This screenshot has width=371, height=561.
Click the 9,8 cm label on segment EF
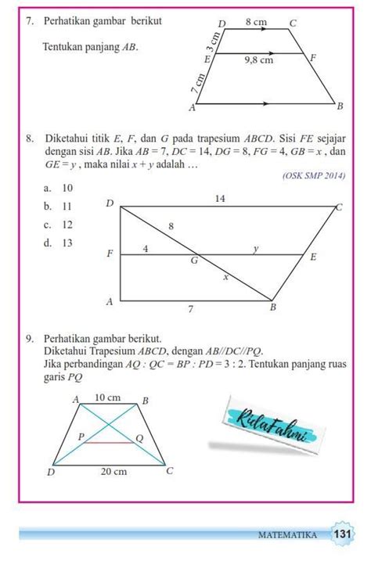coord(258,59)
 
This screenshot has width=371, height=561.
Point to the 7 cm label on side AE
coord(202,82)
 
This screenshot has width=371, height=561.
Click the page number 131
coord(343,534)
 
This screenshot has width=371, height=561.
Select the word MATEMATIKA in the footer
coord(287,535)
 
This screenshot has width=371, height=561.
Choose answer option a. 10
coord(59,189)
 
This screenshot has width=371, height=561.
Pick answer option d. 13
coord(59,243)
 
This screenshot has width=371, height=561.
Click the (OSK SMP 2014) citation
coord(314,177)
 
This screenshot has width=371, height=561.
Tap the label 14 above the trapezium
coord(220,200)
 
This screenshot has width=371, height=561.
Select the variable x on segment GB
coord(225,276)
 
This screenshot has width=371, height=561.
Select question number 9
coord(29,340)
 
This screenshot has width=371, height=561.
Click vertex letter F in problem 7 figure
coord(313,58)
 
